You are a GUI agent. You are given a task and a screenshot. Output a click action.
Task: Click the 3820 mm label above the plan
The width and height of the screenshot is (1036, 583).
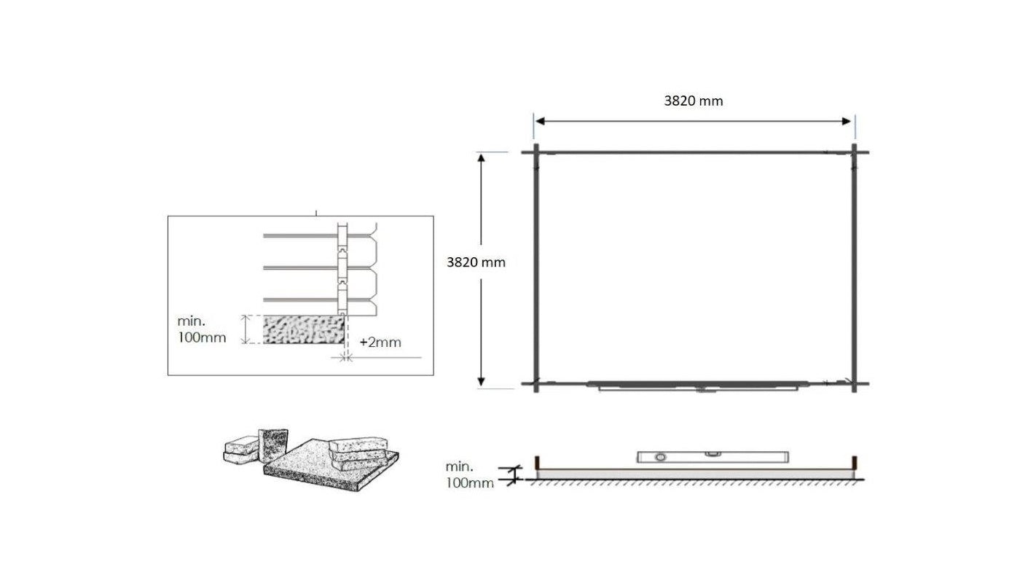coord(693,101)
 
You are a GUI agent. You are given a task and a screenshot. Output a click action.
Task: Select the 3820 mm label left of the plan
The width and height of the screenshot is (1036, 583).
coord(476,262)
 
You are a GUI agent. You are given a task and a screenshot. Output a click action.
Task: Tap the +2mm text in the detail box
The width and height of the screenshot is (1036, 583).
coord(380,342)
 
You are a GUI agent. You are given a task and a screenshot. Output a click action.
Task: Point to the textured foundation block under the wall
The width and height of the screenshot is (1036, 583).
coord(303,329)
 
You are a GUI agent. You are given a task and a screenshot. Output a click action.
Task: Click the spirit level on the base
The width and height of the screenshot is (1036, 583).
coord(713,457)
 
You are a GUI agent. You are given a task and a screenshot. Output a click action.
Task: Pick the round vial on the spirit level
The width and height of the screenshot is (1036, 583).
coord(661,457)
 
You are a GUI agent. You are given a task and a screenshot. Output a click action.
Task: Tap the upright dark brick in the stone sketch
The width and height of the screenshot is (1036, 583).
coord(275,445)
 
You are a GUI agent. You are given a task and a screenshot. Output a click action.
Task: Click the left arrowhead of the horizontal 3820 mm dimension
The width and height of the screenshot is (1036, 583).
coord(540,121)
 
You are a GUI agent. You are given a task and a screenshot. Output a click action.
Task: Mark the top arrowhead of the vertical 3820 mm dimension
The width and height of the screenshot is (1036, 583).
coord(482,157)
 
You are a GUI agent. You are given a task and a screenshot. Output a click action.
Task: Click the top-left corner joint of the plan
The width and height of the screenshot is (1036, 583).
coord(536,153)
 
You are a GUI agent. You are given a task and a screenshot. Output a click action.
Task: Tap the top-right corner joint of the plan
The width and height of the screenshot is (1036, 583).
coord(855,153)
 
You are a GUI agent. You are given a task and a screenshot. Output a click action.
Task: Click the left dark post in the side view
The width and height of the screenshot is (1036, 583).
coord(538,463)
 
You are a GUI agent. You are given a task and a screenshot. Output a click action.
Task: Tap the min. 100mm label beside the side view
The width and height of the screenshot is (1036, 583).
coord(469,474)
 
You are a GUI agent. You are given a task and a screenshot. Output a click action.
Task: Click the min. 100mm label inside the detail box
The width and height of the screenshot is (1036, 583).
coord(201,329)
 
